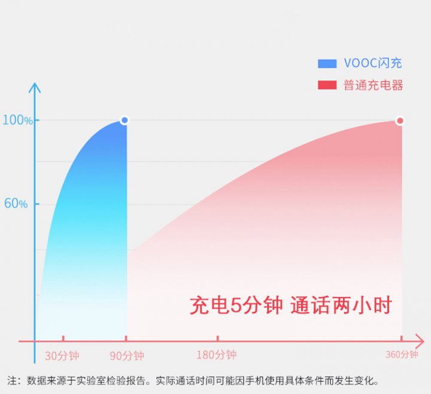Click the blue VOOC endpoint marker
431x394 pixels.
pyautogui.click(x=125, y=120)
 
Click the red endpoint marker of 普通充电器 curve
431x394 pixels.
pyautogui.click(x=400, y=121)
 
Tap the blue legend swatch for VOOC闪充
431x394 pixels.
pyautogui.click(x=327, y=63)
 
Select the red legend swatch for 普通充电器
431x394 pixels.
pyautogui.click(x=327, y=85)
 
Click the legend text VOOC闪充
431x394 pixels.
pyautogui.click(x=373, y=63)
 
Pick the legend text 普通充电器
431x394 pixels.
pyautogui.click(x=373, y=85)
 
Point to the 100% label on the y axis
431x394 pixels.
pyautogui.click(x=17, y=120)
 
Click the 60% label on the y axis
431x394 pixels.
pyautogui.click(x=16, y=204)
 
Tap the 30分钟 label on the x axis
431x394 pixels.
pyautogui.click(x=62, y=356)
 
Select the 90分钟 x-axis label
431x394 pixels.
pyautogui.click(x=127, y=356)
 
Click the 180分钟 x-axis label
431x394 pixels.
pyautogui.click(x=216, y=354)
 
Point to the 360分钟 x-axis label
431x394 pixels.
pyautogui.click(x=402, y=354)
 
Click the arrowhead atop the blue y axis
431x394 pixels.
pyautogui.click(x=34, y=87)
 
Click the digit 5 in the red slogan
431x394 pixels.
pyautogui.click(x=235, y=305)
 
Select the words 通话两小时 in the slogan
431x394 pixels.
pyautogui.click(x=341, y=305)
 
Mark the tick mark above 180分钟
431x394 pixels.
pyautogui.click(x=218, y=338)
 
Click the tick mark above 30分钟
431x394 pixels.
pyautogui.click(x=63, y=338)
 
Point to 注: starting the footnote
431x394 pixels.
pyautogui.click(x=14, y=381)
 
